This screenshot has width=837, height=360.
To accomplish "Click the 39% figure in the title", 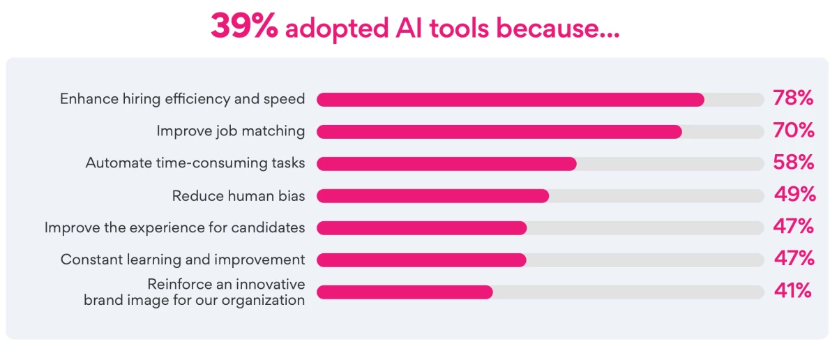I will [x=244, y=27].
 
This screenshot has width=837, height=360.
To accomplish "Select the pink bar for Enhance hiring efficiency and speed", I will [x=510, y=100].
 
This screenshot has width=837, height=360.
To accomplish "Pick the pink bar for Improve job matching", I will [x=499, y=132].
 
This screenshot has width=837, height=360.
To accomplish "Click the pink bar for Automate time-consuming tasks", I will [x=446, y=164].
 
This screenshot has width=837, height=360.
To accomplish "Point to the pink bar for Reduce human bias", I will [x=432, y=196].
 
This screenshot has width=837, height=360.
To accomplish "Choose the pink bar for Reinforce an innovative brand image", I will [x=405, y=292].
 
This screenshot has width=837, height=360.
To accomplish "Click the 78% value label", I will [x=793, y=98].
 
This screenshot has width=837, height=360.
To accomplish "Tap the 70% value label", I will [x=794, y=130].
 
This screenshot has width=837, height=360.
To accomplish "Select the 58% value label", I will [x=794, y=163].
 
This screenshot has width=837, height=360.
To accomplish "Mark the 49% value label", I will [x=794, y=195].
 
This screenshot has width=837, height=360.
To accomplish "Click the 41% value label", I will [x=793, y=291].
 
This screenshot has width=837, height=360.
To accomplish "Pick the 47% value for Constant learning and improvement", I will [x=794, y=259].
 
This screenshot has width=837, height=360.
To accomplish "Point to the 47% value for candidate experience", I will [x=794, y=227].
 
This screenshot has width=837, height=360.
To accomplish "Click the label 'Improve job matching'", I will [x=230, y=131].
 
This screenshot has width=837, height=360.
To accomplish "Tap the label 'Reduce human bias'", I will [x=239, y=196].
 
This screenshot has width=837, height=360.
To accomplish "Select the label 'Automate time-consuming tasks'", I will [x=195, y=163].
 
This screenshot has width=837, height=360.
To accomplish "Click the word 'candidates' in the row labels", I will [x=271, y=227].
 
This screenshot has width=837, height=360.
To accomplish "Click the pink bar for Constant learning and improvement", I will [x=421, y=260].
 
